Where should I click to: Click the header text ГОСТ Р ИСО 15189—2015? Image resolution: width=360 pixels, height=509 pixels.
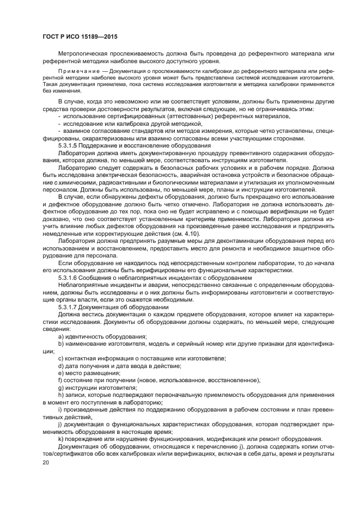[x=80, y=36]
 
